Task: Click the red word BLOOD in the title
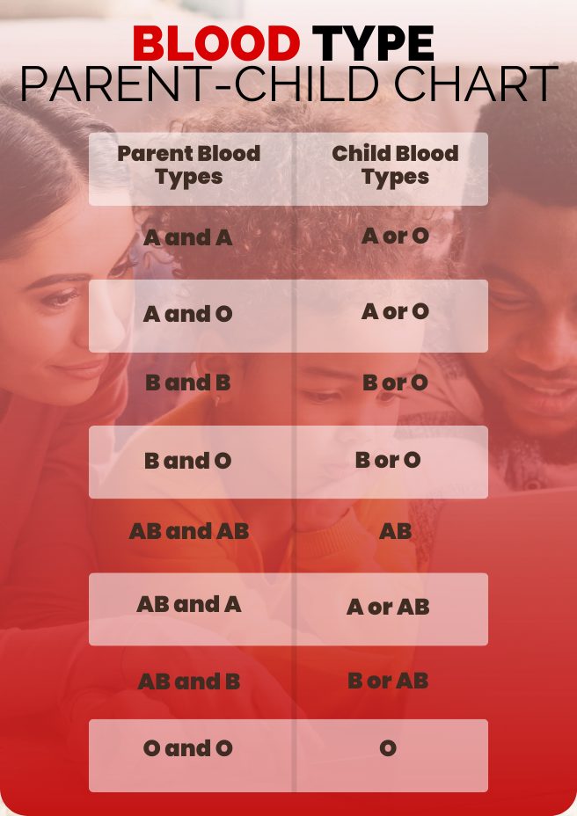pos(216,43)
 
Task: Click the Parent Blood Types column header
pos(189,164)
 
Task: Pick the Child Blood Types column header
pos(395,164)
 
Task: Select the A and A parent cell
pos(188,237)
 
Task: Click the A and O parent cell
pos(188,314)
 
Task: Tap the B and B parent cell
pos(188,382)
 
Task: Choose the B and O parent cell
pos(188,461)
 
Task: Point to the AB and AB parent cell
pos(189,531)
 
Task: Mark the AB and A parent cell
pos(189,605)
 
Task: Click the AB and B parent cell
pos(189,681)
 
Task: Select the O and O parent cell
pos(188,748)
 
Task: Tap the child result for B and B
pos(395,382)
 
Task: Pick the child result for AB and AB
pos(395,531)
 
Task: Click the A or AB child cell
pos(388,607)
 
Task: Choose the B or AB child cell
pos(388,681)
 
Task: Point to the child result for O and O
pos(388,748)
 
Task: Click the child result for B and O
pos(388,460)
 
